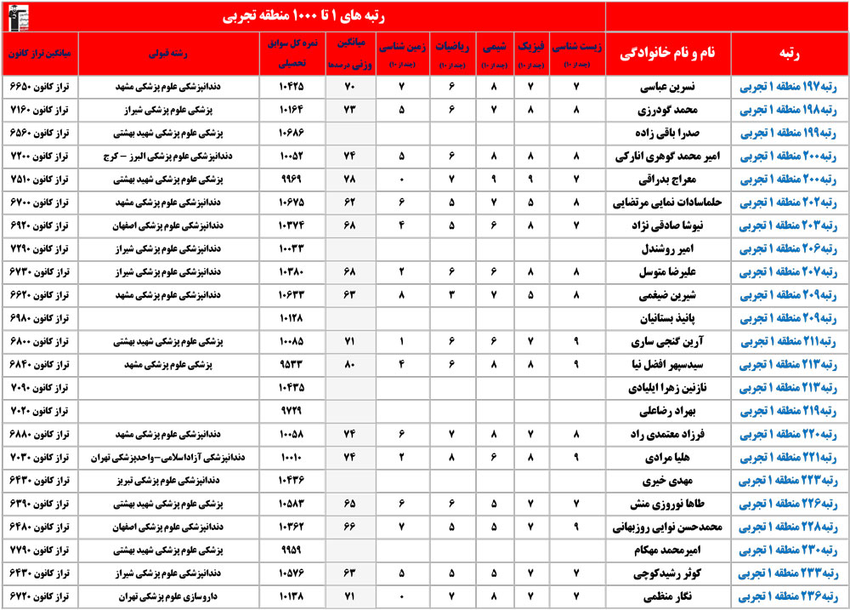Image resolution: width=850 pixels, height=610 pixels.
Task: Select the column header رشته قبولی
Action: coord(171,53)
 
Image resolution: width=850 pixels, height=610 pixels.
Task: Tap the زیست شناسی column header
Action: coord(576,53)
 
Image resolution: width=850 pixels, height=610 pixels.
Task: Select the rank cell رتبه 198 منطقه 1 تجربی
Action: coord(789,110)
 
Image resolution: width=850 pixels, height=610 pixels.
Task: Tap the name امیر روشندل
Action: coord(668,250)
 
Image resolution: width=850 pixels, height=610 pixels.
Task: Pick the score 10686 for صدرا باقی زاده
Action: coord(291,134)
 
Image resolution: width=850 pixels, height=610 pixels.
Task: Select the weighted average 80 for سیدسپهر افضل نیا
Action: coord(348,365)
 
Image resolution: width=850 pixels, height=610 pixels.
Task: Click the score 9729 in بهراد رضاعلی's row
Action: coord(291,411)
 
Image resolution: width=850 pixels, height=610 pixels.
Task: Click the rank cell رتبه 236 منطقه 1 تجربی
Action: coord(789,597)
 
